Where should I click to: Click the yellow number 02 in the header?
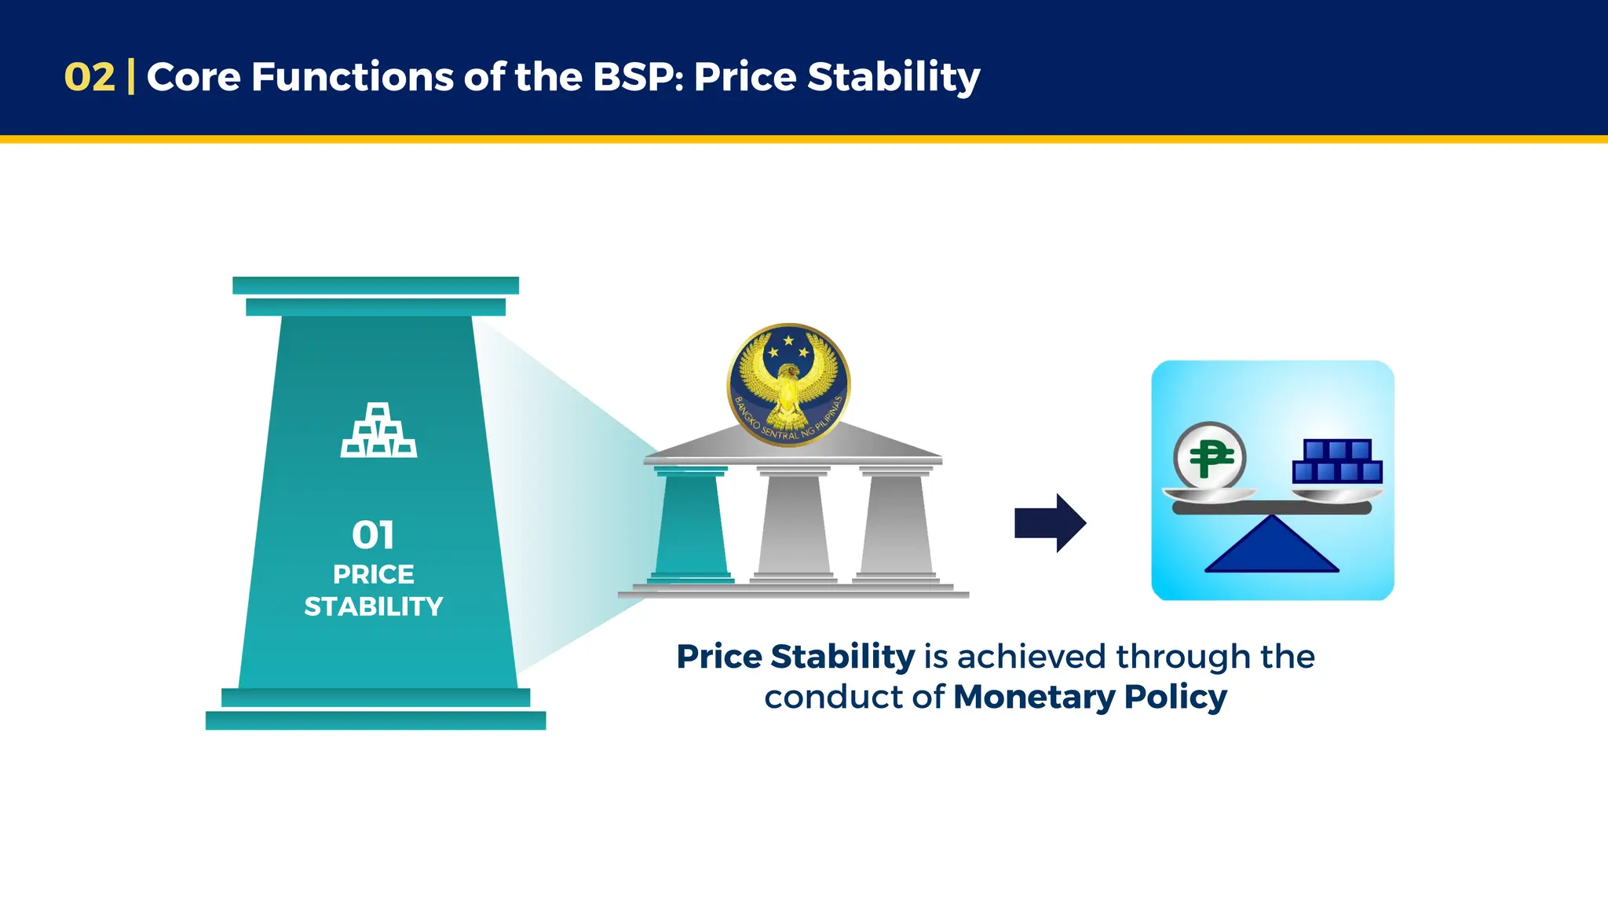[89, 77]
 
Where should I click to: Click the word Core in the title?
[193, 77]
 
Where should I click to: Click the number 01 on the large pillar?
[373, 535]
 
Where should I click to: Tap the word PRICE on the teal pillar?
[374, 574]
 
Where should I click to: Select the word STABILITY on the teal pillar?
[374, 606]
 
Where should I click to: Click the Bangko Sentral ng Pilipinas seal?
[788, 384]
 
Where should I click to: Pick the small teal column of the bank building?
[691, 524]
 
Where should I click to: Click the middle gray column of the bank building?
[793, 524]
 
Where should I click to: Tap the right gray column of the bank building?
[897, 524]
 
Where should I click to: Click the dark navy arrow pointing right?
[1050, 523]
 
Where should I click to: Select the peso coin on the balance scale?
[1209, 456]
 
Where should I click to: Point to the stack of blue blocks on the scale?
[1337, 461]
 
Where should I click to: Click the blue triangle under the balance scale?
[1271, 547]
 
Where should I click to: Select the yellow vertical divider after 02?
[130, 77]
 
